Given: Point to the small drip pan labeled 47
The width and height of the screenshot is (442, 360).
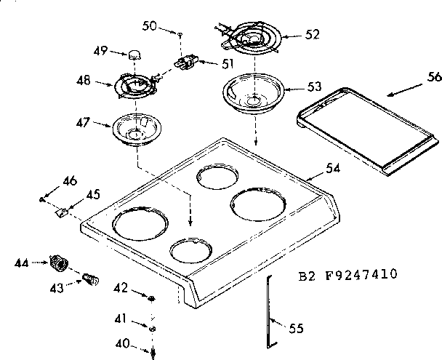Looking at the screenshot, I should pyautogui.click(x=136, y=129).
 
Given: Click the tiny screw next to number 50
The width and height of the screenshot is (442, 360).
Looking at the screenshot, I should pyautogui.click(x=179, y=32).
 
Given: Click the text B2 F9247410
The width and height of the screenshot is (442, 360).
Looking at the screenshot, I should pyautogui.click(x=347, y=275).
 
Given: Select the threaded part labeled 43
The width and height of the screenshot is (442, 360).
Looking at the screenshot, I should pyautogui.click(x=88, y=279).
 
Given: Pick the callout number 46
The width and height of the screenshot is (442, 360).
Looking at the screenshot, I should pyautogui.click(x=69, y=180).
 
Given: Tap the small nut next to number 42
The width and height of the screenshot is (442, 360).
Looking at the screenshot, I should pyautogui.click(x=150, y=297).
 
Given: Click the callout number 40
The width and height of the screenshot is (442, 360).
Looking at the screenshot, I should pyautogui.click(x=124, y=343).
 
